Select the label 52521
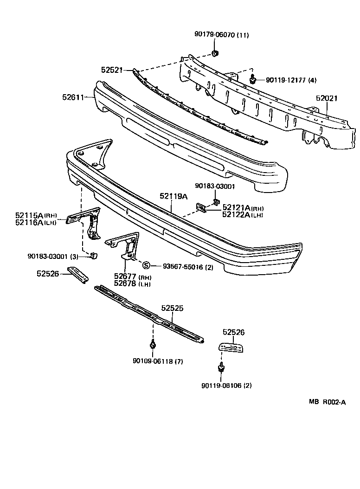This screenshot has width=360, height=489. pos(111,70)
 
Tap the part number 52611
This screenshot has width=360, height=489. pos(72,97)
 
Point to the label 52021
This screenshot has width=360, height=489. pos(327,98)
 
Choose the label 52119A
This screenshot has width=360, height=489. pos(174,197)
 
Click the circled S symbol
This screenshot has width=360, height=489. pos(146,265)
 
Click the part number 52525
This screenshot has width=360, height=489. pos(173,308)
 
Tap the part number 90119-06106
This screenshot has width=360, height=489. pos(226,386)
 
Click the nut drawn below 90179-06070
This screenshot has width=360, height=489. pos(215,54)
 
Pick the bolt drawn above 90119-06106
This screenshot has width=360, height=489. pos(221,368)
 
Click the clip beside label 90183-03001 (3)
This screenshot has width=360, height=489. pos(93,256)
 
